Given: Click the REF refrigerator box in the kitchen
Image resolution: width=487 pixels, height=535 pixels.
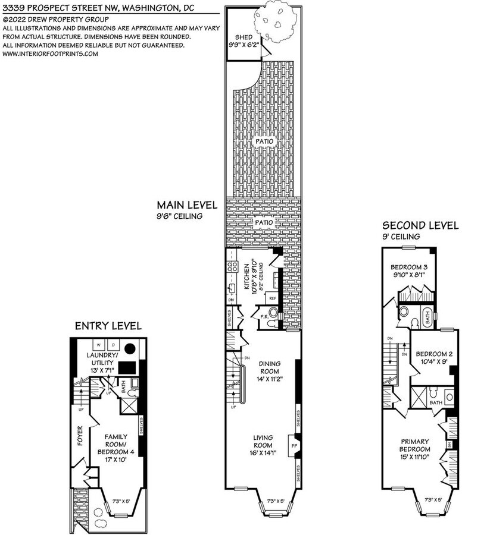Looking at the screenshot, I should click(272, 298).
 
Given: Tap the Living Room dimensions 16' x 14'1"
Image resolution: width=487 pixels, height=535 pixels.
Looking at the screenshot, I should click(262, 453).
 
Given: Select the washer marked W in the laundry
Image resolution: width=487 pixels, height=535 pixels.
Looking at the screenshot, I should click(97, 345).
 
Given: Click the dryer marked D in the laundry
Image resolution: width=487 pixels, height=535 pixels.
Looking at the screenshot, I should click(113, 345).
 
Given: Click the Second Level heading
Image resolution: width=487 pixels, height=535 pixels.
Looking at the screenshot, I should click(420, 225).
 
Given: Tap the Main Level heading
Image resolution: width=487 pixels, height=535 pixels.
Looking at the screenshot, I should click(187, 205).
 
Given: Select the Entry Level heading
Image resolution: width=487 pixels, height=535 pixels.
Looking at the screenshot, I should click(108, 326).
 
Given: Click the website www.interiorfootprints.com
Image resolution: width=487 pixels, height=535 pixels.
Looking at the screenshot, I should click(50, 53).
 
